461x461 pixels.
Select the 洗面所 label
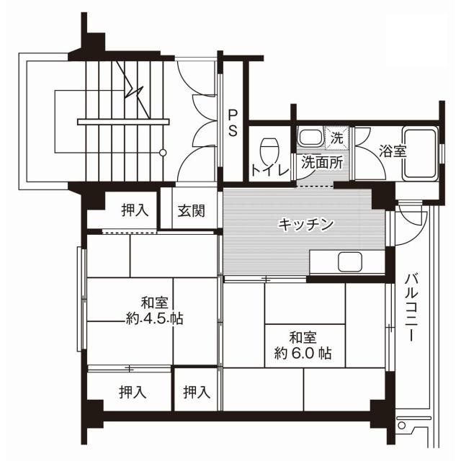(321, 162)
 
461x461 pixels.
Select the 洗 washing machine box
(337, 135)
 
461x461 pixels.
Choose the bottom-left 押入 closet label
(132, 393)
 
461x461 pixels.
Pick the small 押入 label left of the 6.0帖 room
(196, 393)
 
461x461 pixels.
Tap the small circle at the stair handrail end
(164, 152)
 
